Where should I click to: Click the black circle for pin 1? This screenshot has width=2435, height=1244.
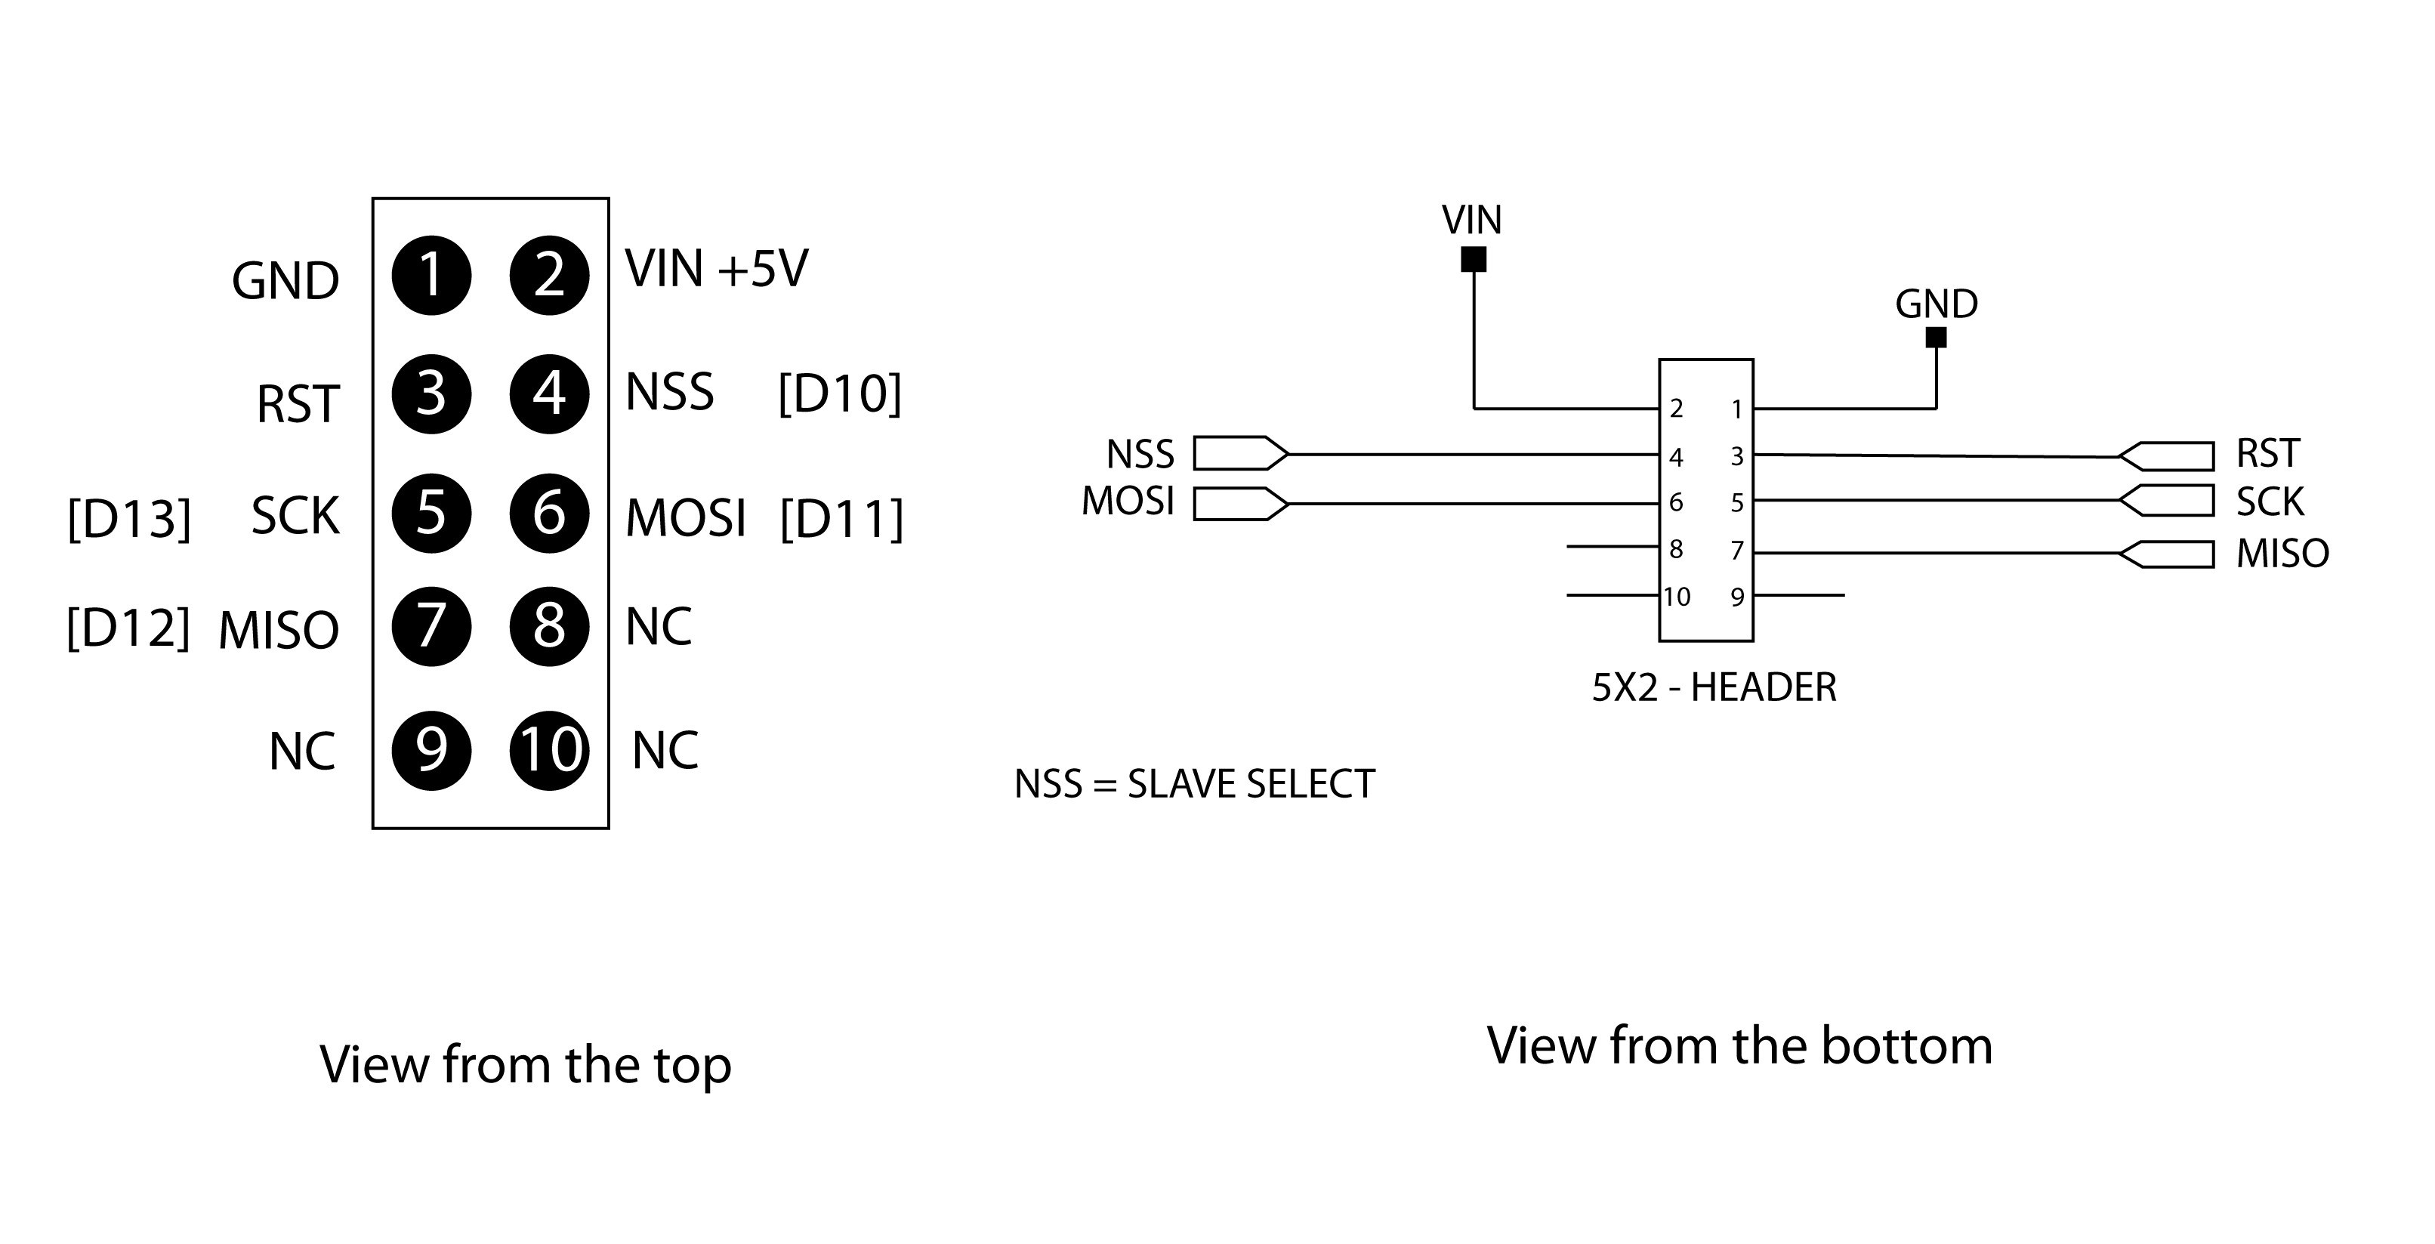point(431,275)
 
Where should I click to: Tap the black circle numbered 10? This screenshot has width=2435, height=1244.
point(549,751)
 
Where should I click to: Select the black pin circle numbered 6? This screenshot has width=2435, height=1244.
point(549,514)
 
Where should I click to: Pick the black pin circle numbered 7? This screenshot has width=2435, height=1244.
point(431,626)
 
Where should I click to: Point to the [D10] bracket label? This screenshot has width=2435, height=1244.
point(839,394)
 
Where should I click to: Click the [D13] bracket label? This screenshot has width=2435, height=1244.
point(129,518)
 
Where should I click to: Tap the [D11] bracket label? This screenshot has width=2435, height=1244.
point(841,518)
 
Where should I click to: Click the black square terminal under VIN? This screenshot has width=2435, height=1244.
point(1473,259)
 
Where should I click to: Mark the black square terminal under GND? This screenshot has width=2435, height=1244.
point(1935,338)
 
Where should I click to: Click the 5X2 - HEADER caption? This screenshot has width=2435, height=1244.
point(1714,687)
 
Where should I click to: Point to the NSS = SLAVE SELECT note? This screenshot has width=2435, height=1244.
point(1194,785)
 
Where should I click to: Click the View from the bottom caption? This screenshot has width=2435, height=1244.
point(1739,1045)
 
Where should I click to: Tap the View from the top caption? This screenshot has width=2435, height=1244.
point(526,1064)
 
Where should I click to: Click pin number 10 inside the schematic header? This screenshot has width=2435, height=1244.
point(1677,597)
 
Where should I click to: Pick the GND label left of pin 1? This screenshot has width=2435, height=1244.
point(285,282)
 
